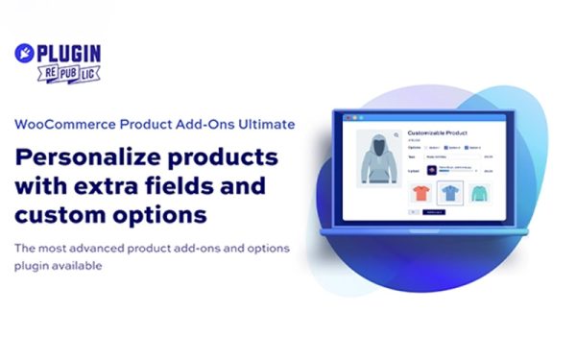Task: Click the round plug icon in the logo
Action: point(26,55)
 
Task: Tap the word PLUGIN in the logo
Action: point(68,54)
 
